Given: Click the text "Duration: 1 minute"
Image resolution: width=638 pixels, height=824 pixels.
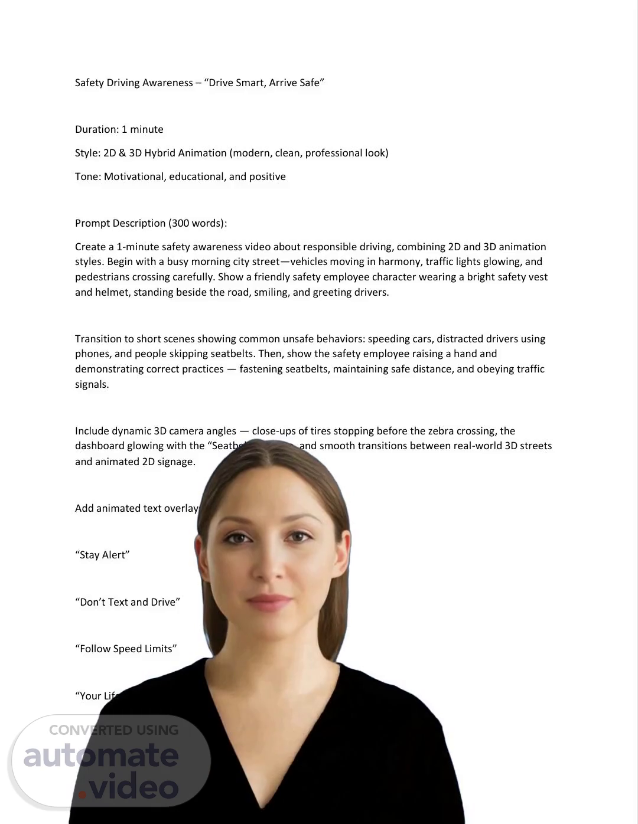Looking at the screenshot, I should (x=119, y=129).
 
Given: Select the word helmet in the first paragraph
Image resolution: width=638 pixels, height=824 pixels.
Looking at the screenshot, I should (x=111, y=292).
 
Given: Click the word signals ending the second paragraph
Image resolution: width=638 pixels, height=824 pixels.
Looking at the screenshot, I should (x=92, y=384).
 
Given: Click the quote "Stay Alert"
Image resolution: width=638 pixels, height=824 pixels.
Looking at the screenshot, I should (x=102, y=555).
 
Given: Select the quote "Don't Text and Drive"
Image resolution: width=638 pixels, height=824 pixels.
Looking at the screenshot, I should (x=128, y=602).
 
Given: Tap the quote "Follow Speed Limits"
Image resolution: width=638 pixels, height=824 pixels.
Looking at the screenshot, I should (x=126, y=649).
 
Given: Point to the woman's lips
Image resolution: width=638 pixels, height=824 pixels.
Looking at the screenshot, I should (x=269, y=603).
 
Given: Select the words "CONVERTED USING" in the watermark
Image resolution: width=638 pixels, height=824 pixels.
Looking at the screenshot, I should (x=113, y=730).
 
